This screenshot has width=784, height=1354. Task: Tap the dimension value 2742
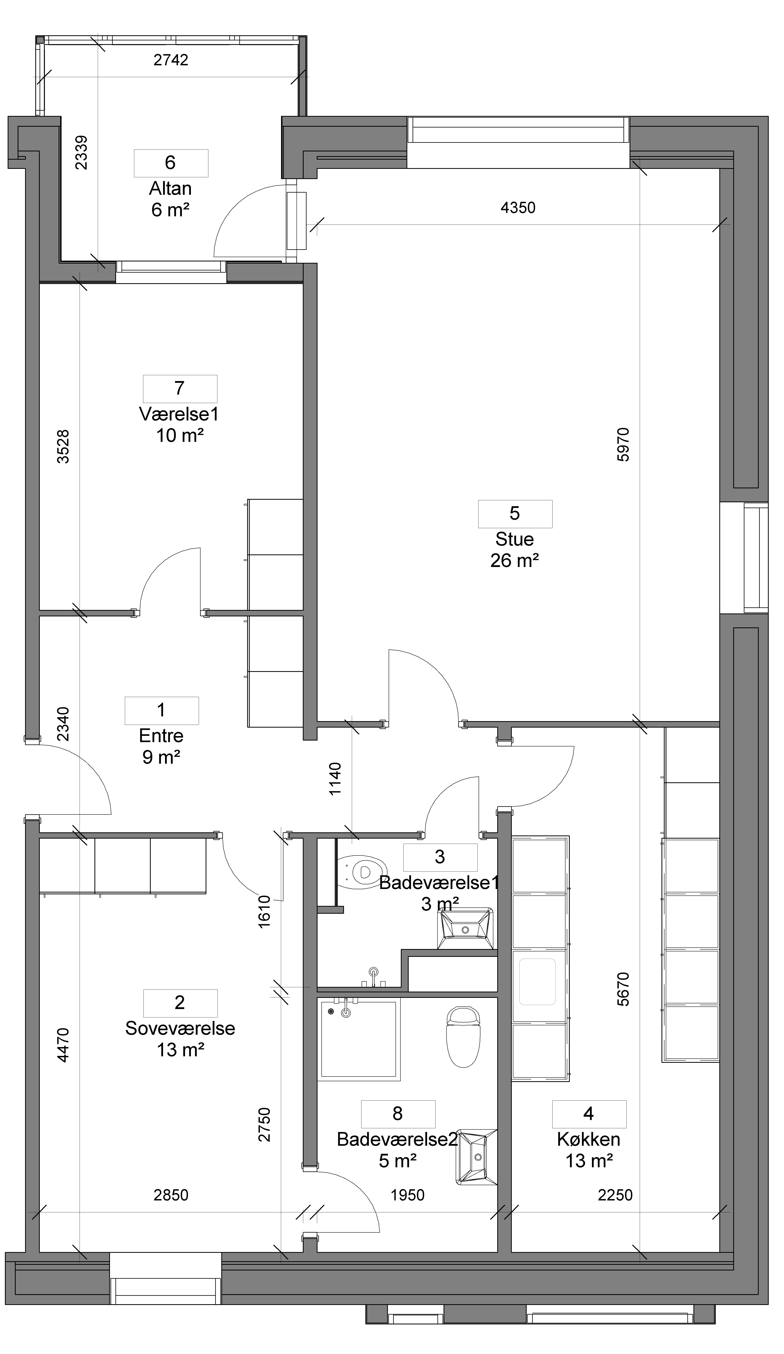tap(171, 60)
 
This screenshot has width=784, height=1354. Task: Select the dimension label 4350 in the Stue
tap(518, 207)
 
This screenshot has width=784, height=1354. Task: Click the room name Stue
tap(514, 539)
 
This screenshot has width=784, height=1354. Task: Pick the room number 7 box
tap(180, 389)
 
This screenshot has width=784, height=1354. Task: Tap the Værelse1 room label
tap(179, 414)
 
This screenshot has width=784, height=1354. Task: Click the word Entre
tap(161, 736)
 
